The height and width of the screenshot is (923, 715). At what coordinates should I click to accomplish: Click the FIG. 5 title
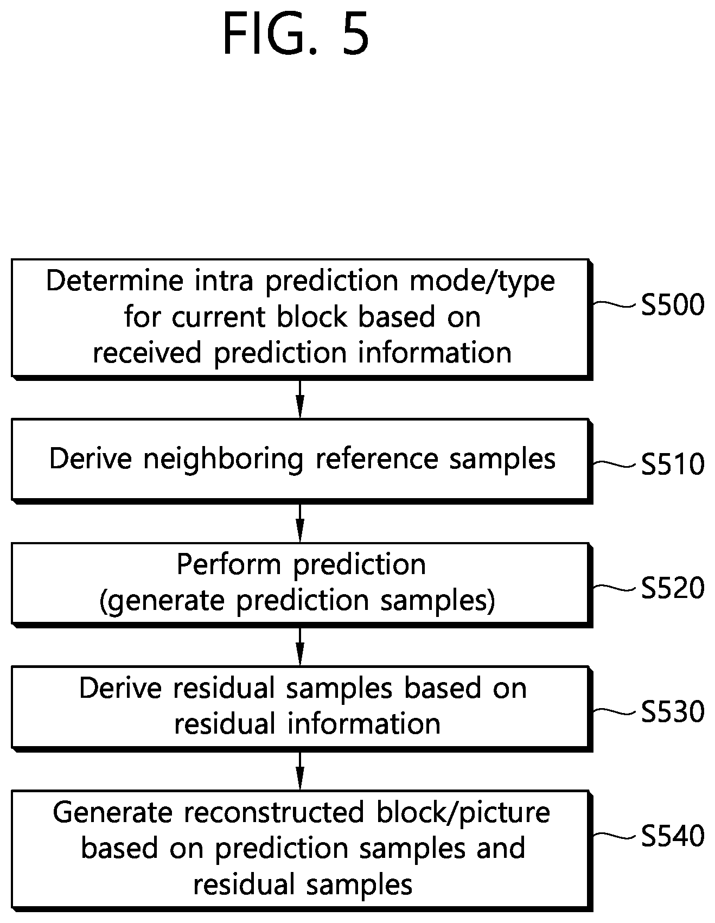(x=296, y=35)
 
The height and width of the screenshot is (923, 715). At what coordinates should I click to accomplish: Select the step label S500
(x=673, y=305)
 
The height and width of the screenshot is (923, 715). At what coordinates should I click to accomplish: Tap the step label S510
(x=673, y=464)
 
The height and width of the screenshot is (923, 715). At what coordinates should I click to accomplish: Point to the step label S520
(x=673, y=588)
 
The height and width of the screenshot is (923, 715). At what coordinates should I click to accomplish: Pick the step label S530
(x=673, y=711)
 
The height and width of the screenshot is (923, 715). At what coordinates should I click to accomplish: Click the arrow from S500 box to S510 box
(x=300, y=399)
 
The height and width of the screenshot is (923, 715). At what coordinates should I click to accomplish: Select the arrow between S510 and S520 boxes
(x=300, y=523)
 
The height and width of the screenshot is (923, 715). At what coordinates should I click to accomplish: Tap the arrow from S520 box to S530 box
(x=300, y=647)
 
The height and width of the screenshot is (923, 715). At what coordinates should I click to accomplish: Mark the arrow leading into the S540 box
(x=300, y=771)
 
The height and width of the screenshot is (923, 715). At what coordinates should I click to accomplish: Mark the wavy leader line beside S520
(x=615, y=588)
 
